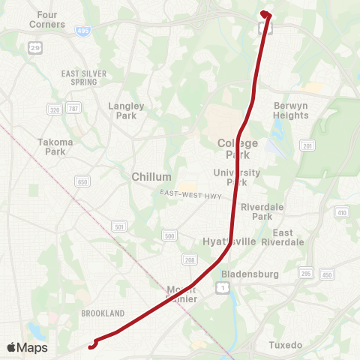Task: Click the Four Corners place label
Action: click(x=47, y=19)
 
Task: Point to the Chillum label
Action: click(x=151, y=176)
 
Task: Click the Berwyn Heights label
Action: click(x=291, y=110)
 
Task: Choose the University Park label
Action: click(x=236, y=177)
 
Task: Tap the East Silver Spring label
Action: click(x=84, y=78)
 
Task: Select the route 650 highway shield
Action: click(x=82, y=181)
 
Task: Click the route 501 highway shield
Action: click(x=119, y=225)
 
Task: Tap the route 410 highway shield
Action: click(x=342, y=213)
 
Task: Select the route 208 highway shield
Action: click(x=190, y=259)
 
